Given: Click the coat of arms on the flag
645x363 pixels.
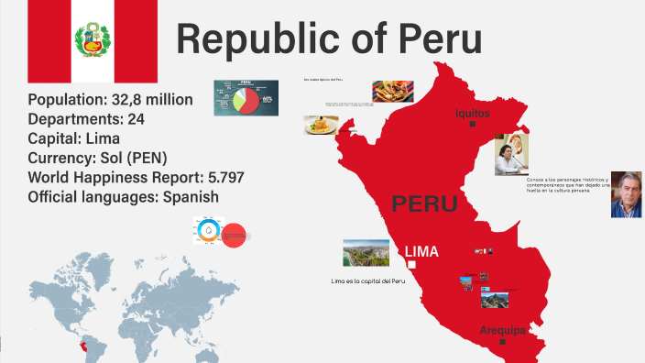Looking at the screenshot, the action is point(92,39).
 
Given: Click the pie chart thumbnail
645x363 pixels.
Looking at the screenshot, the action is point(245,98).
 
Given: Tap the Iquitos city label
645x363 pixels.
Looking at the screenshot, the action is point(472,113).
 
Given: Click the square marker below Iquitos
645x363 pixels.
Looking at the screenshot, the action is point(472,124).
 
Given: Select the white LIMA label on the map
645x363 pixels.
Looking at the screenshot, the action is point(421,251).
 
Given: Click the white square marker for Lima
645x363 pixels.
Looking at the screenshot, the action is point(411,265).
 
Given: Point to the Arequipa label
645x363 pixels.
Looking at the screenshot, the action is point(502,329).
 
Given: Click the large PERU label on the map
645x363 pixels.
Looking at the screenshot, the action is point(423,203).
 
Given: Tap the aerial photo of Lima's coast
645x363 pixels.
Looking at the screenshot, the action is point(366,254).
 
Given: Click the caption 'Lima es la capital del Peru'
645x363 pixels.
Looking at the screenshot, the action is point(367,280).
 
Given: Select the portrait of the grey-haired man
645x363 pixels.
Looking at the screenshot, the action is point(626,193).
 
